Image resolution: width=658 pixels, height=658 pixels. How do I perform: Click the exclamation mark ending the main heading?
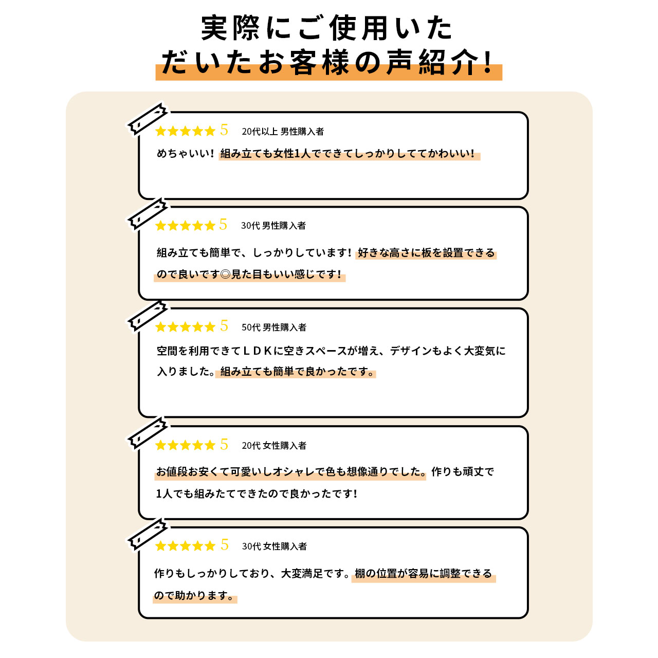(x=488, y=62)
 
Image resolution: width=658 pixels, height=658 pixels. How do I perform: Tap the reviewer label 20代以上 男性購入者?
(x=283, y=132)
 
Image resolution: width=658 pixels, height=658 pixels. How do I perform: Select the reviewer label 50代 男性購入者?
(x=274, y=327)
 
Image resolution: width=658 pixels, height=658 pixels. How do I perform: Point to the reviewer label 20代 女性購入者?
(x=274, y=445)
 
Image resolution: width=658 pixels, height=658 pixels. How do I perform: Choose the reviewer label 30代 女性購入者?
(x=274, y=546)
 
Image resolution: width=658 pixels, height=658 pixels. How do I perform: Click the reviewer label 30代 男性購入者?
(x=273, y=225)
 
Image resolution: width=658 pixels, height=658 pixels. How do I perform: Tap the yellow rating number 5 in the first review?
(x=224, y=130)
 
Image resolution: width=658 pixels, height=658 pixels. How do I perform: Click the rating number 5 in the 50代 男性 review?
(x=224, y=326)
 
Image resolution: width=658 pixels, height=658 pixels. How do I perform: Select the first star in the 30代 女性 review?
(x=160, y=546)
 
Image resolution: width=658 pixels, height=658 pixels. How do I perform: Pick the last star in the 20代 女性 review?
(x=210, y=445)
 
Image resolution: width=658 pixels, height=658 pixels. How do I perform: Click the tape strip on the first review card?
(x=147, y=119)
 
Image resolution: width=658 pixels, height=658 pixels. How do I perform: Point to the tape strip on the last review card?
(x=147, y=534)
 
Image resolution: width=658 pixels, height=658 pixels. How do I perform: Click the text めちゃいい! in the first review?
(x=186, y=154)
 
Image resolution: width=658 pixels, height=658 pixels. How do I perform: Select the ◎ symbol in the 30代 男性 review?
(x=225, y=274)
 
